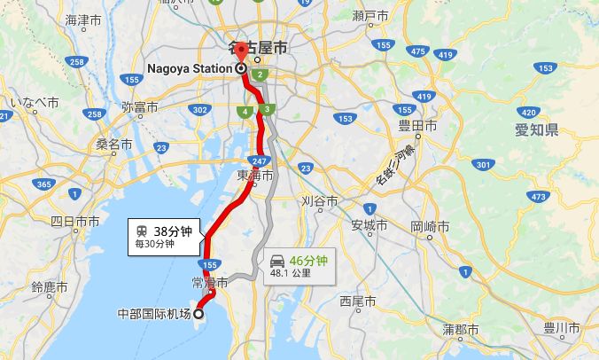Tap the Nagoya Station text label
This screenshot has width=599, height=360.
point(190,67)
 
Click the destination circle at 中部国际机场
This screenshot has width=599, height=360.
point(198,313)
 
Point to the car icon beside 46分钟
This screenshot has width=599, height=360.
point(278,261)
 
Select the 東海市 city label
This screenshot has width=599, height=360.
point(255,176)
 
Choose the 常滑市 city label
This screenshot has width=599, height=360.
point(210,283)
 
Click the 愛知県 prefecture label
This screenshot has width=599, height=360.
point(536,131)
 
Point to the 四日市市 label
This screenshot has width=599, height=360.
point(74,221)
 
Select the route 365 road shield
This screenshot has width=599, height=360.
point(43,184)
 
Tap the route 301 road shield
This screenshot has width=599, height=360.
point(482,164)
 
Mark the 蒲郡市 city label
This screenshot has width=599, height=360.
point(461,329)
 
